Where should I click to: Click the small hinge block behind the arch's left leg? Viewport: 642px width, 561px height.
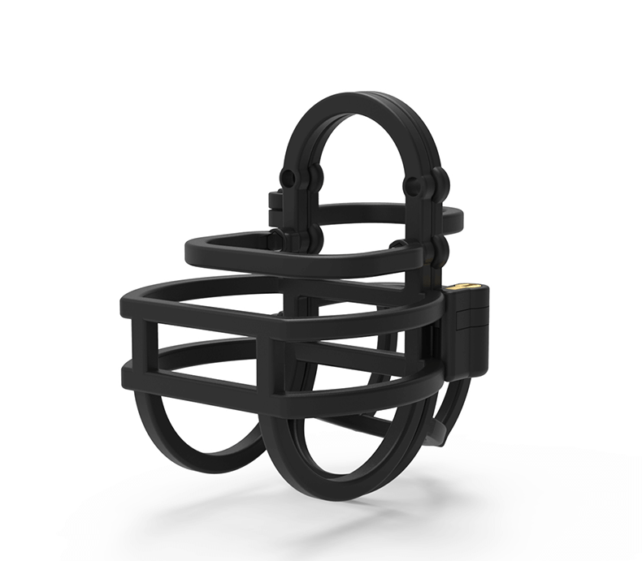274,200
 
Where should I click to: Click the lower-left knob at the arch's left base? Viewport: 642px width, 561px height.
277,240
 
